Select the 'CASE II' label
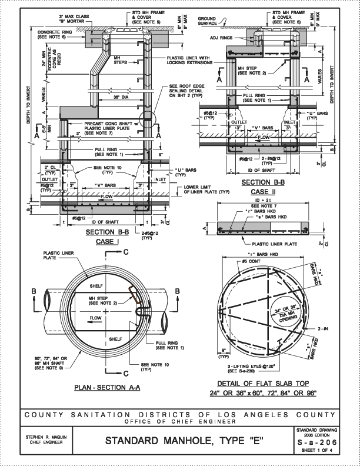(x=263, y=192)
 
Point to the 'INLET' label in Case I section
(x=160, y=179)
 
